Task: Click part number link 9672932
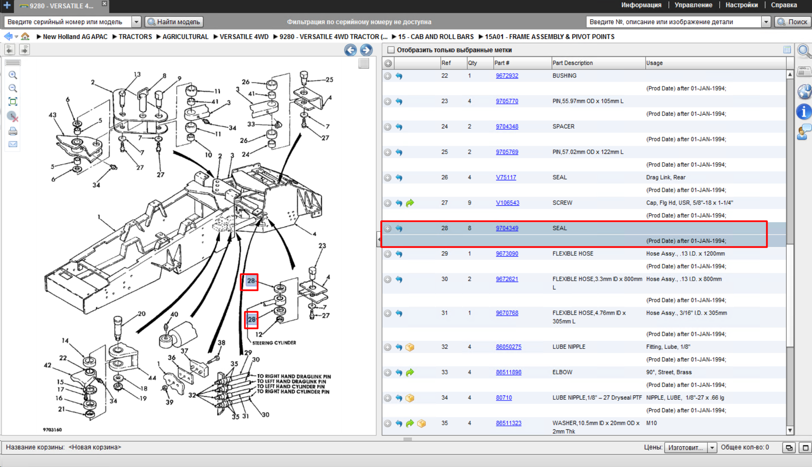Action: coord(507,76)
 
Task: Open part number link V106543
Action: coord(507,203)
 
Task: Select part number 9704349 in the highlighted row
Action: coord(507,228)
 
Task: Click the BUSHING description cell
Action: coord(564,76)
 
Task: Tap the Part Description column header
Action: coord(572,63)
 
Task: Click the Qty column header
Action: coord(472,63)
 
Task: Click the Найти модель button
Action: coord(174,22)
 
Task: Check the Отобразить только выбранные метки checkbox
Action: coord(391,50)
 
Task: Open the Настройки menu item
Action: coord(741,5)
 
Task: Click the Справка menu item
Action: coord(784,5)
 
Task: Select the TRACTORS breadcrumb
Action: coord(135,37)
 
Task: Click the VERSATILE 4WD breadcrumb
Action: coord(244,37)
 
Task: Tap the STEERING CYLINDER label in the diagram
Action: coord(274,343)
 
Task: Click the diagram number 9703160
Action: coord(52,430)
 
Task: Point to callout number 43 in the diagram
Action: coord(52,115)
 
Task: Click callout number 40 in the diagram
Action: coord(174,314)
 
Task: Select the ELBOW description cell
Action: coord(562,372)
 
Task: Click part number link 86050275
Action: coord(508,347)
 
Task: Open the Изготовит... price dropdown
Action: coord(690,448)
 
